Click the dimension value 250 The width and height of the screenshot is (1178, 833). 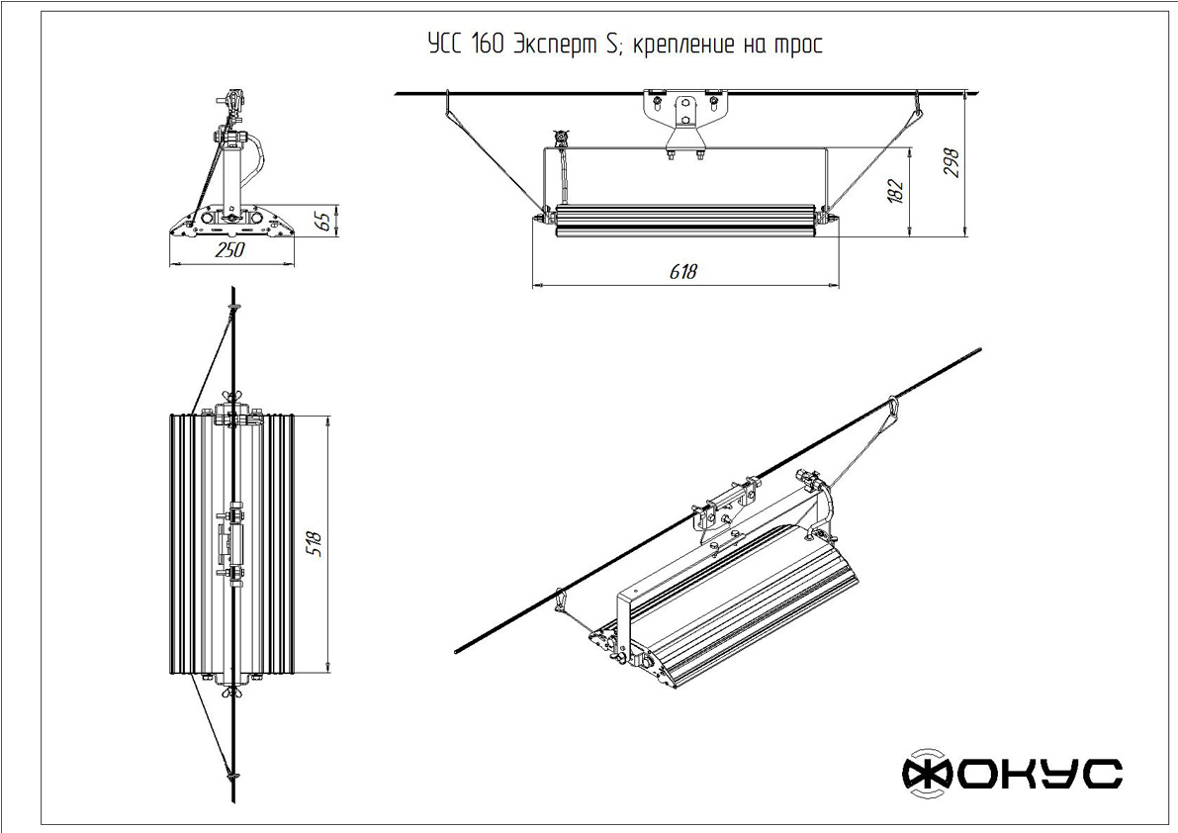(230, 251)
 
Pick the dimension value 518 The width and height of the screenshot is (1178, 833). (317, 543)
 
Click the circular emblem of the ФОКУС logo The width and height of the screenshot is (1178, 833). (927, 773)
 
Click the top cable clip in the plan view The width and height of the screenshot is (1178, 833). (233, 310)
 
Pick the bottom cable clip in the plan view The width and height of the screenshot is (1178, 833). (233, 776)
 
